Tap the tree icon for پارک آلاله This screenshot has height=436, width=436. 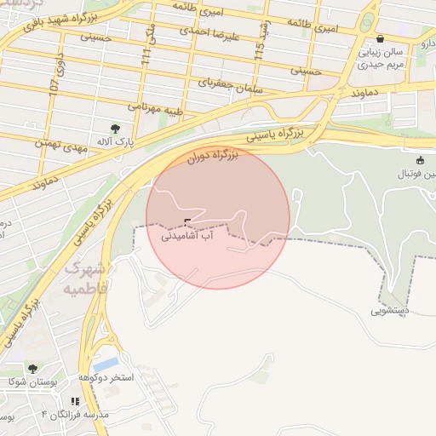[104, 129]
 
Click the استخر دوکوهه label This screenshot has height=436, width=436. [106, 377]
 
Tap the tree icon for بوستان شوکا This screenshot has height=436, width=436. [32, 369]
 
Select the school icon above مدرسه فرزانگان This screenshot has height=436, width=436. [75, 401]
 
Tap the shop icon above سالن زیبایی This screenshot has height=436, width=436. [380, 38]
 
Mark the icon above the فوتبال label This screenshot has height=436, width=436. [420, 160]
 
